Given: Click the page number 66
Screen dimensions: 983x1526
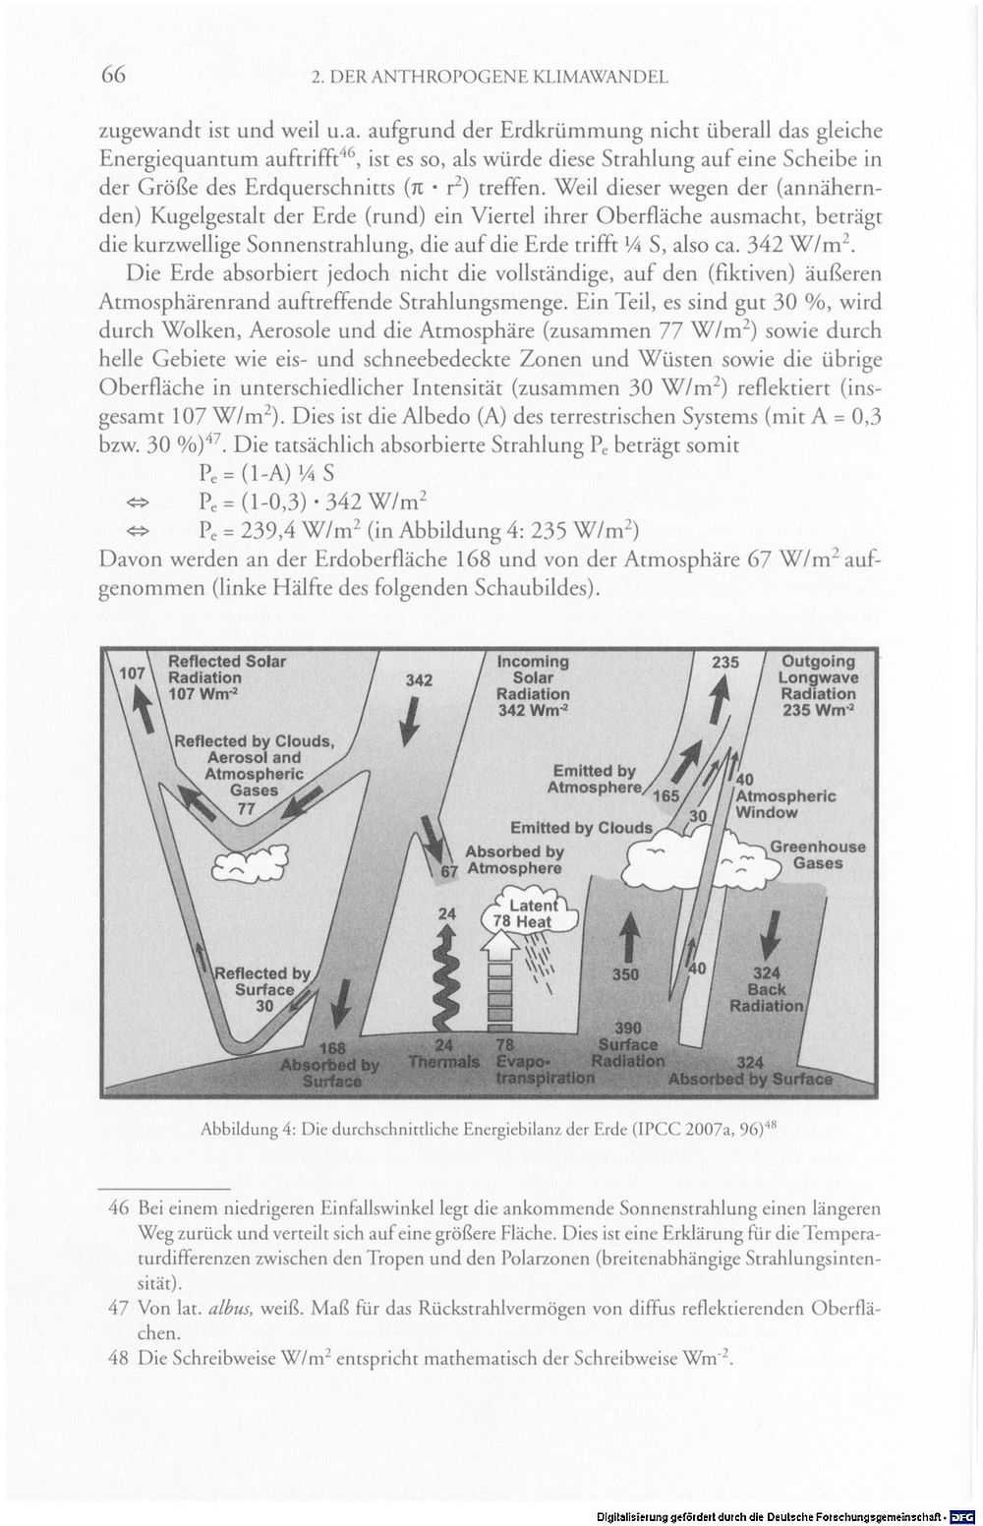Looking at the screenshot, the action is [x=113, y=75].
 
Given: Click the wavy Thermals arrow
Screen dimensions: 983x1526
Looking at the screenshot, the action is [x=445, y=979].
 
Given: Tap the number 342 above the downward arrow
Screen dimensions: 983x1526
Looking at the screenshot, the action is [x=419, y=680].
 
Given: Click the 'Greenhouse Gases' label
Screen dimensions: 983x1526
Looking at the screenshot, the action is [x=818, y=855].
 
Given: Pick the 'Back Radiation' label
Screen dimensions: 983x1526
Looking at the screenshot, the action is [x=767, y=997].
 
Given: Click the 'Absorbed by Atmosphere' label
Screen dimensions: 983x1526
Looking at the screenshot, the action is [x=514, y=859].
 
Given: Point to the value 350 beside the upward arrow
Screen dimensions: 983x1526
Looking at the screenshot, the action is [x=625, y=974].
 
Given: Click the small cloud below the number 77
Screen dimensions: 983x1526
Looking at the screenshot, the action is [x=251, y=861].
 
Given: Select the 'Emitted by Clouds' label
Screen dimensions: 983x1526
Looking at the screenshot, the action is [x=581, y=828].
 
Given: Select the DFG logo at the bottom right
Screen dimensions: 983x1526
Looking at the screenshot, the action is [x=962, y=1517].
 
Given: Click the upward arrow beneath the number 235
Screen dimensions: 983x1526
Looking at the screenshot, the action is [x=716, y=701].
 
